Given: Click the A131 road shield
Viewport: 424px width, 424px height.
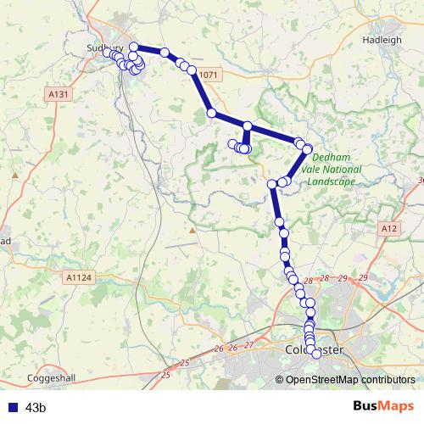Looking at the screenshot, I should click(x=59, y=94).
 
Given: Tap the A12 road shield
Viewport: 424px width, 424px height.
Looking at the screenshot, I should click(x=389, y=228).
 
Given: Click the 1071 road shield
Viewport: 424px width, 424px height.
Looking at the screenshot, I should click(x=209, y=75).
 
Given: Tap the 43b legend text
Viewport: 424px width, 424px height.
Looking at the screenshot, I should click(x=36, y=408).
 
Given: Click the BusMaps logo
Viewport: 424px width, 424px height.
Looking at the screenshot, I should click(x=382, y=406).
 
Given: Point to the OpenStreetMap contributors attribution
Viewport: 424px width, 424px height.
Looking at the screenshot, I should click(x=351, y=379).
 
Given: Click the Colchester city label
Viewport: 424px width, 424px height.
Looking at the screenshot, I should click(x=314, y=349).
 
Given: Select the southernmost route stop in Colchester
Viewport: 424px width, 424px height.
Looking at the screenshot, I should click(x=316, y=354).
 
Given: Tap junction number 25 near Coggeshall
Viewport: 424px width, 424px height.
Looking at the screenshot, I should click(x=165, y=374).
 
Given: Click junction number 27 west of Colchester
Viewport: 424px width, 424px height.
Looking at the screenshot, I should click(x=248, y=344).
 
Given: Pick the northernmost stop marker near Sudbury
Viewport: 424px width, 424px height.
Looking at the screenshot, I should click(x=133, y=47).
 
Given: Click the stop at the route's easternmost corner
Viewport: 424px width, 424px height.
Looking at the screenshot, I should click(x=307, y=148).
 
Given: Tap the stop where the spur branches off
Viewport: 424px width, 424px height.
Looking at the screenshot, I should click(x=248, y=126).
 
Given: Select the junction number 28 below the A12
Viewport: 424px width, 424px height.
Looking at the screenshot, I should click(x=307, y=281).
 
